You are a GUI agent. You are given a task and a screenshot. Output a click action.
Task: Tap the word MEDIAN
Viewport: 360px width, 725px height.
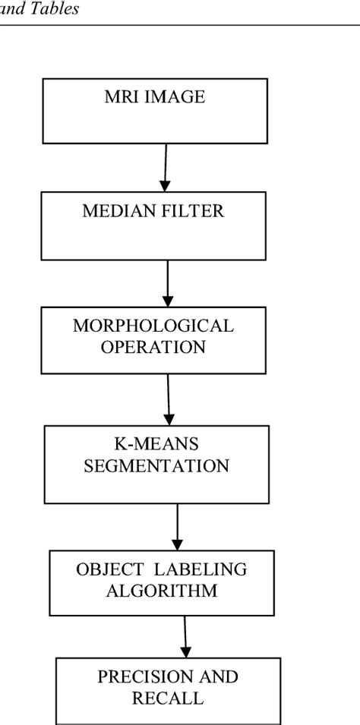pos(114,212)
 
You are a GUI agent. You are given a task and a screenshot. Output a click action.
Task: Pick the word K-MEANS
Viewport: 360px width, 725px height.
pos(156,445)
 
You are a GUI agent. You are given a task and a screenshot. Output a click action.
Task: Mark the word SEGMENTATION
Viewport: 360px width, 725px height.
pos(156,465)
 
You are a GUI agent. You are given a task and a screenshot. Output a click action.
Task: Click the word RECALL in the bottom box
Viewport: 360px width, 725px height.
pos(169,698)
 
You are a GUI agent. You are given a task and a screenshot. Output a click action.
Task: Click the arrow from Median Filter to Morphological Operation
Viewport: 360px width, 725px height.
pos(167,282)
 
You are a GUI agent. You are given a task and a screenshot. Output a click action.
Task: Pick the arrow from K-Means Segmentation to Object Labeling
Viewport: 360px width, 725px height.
pos(178,527)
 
